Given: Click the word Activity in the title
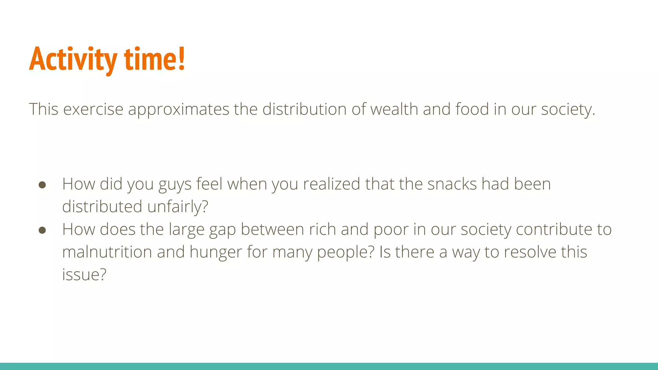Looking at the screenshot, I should pyautogui.click(x=73, y=60).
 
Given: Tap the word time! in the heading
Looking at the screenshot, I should pyautogui.click(x=154, y=59).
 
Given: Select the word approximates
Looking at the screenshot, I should pyautogui.click(x=179, y=109).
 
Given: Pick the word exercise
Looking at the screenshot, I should pyautogui.click(x=93, y=109).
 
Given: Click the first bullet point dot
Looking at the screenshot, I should pyautogui.click(x=42, y=185).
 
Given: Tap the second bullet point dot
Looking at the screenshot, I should pyautogui.click(x=42, y=230).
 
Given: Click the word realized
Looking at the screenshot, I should pyautogui.click(x=332, y=184).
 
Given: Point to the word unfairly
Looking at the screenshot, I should pyautogui.click(x=178, y=207).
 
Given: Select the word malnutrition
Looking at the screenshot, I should pyautogui.click(x=107, y=252).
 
